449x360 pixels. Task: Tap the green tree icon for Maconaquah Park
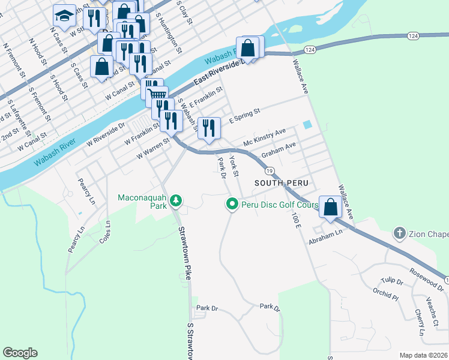click(176, 200)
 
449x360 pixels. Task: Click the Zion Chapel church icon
click(399, 233)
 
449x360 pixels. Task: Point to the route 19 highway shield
click(270, 172)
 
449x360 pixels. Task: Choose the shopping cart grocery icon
click(157, 95)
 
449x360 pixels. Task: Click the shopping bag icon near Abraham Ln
click(330, 207)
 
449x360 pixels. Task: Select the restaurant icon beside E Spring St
click(209, 128)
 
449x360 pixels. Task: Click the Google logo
click(20, 353)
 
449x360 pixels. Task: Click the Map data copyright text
click(424, 355)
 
